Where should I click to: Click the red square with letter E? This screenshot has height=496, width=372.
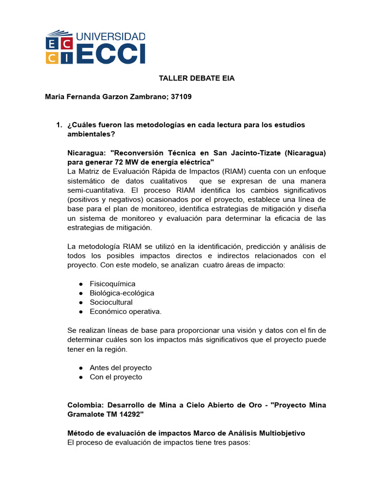pyautogui.click(x=51, y=44)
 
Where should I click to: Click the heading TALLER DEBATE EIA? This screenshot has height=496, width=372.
pyautogui.click(x=190, y=78)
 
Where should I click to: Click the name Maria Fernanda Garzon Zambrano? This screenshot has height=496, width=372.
pyautogui.click(x=107, y=96)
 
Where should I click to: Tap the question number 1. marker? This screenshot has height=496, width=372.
pyautogui.click(x=60, y=125)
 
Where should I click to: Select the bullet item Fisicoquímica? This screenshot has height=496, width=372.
pyautogui.click(x=112, y=284)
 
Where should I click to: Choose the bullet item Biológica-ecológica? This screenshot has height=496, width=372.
pyautogui.click(x=122, y=293)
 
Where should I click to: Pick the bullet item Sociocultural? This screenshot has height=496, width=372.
pyautogui.click(x=111, y=302)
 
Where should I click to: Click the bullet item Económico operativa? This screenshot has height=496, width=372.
pyautogui.click(x=125, y=311)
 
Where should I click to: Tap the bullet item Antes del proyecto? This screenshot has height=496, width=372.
pyautogui.click(x=121, y=368)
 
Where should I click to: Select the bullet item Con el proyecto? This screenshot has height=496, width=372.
pyautogui.click(x=116, y=377)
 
